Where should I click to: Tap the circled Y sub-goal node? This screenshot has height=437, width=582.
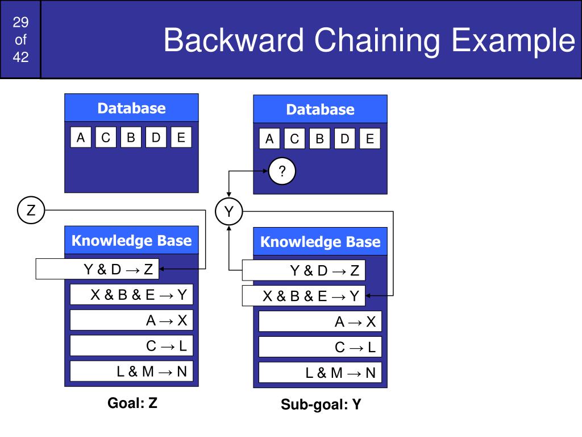228,212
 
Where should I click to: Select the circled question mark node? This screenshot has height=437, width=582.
282,172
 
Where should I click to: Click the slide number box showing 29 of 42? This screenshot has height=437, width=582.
20,39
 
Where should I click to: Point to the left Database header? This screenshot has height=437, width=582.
131,108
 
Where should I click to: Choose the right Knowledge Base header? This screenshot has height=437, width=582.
320,242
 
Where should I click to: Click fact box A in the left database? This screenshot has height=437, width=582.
81,138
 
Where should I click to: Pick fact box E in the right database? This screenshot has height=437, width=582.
369,139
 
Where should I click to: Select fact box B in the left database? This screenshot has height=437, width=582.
131,138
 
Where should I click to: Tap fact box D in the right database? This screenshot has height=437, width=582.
344,139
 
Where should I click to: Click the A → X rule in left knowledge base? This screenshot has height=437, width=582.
131,320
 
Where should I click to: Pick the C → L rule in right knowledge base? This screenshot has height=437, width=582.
320,347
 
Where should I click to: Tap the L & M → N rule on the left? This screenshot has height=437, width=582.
131,372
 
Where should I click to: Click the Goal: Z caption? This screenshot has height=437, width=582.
132,403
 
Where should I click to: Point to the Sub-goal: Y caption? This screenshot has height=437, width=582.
321,405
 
